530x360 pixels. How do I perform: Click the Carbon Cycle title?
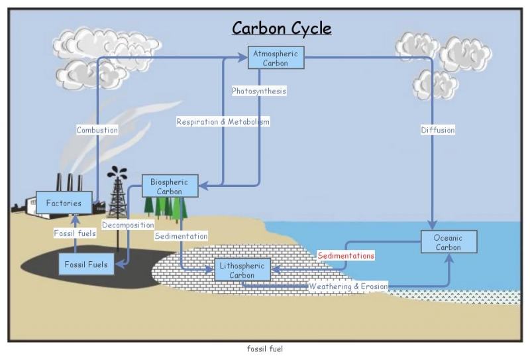282,29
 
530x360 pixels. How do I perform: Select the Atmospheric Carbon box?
276,58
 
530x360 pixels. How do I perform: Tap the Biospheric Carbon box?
170,186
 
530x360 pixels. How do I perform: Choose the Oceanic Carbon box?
449,242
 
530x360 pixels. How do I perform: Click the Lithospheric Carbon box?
242,270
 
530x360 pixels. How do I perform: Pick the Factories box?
64,203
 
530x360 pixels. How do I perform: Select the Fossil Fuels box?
86,265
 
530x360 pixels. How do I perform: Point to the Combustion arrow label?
97,130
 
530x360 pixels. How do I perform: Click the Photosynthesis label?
259,91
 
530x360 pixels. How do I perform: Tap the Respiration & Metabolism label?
223,122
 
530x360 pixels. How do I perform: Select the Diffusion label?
438,130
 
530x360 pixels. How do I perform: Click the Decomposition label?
128,225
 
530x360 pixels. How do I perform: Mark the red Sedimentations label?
345,255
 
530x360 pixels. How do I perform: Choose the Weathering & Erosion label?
348,286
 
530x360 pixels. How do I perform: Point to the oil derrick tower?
118,196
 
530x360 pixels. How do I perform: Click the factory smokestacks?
69,182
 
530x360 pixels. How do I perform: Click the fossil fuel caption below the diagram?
264,349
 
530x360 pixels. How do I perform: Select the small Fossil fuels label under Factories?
75,233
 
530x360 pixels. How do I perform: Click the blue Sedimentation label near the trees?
181,236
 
